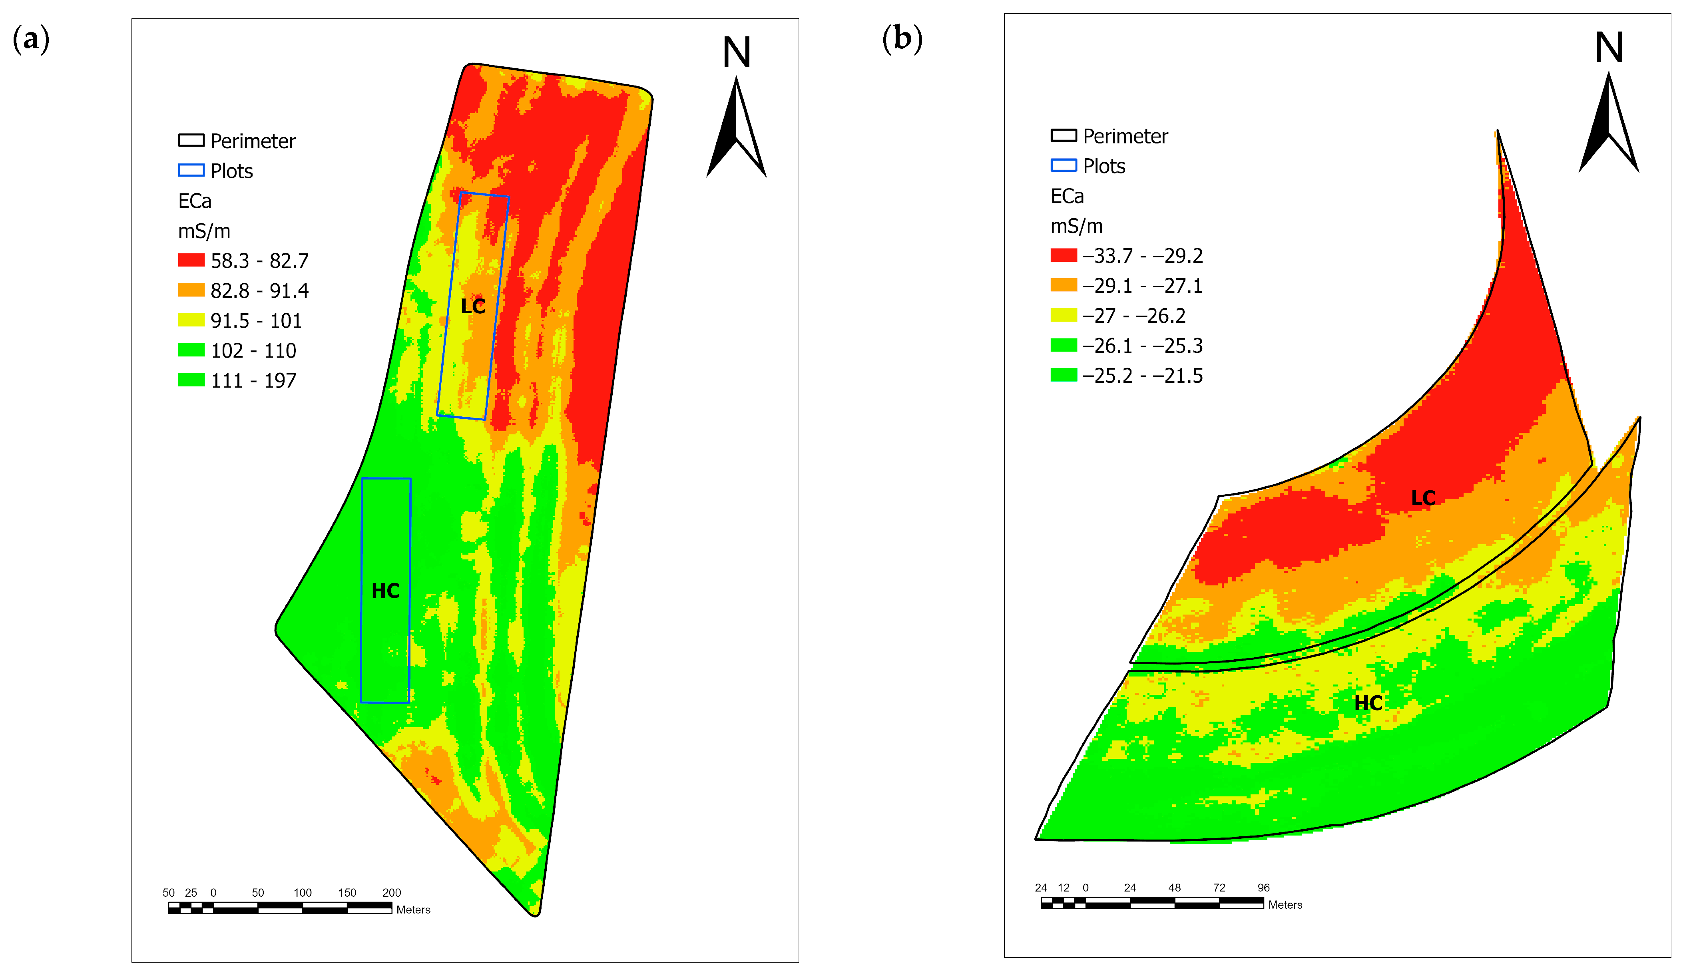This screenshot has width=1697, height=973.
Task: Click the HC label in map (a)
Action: (386, 591)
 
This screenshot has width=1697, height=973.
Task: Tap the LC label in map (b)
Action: (1423, 498)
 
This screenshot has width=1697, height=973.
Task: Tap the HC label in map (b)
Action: (1368, 703)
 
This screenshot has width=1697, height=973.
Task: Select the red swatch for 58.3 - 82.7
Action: (191, 260)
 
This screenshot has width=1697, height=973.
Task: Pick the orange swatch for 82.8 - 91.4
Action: (191, 290)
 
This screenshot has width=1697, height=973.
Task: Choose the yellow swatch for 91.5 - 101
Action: (191, 320)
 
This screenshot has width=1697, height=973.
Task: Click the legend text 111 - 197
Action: (253, 381)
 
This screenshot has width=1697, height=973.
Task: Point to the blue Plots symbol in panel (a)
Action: (191, 170)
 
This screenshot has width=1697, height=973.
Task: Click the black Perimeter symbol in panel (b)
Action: (1064, 135)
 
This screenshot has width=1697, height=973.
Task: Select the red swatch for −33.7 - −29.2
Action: (1064, 255)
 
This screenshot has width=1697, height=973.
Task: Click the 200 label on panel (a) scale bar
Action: (392, 893)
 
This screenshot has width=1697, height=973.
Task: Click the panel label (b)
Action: (902, 38)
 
